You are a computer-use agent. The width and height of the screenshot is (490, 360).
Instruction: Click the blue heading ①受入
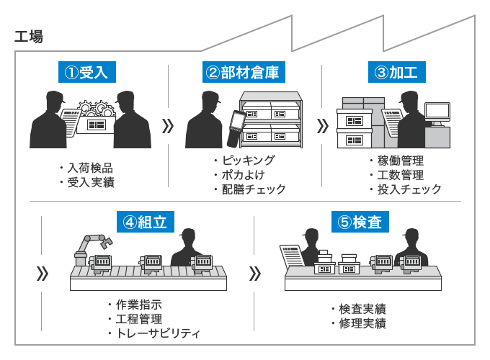click(x=86, y=73)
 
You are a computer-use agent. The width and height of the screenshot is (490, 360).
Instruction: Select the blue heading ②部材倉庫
click(x=241, y=73)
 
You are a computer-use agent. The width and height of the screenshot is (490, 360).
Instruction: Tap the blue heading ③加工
click(x=396, y=73)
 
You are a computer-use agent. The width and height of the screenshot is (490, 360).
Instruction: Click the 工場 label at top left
click(x=29, y=37)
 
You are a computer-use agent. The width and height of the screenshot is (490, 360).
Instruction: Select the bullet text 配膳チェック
click(x=254, y=189)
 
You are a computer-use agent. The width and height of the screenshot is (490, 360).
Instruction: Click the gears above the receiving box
click(x=97, y=110)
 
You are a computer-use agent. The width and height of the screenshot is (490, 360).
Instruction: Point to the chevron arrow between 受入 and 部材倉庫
click(x=168, y=126)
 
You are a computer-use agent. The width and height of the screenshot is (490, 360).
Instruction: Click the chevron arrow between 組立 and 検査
click(x=254, y=274)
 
